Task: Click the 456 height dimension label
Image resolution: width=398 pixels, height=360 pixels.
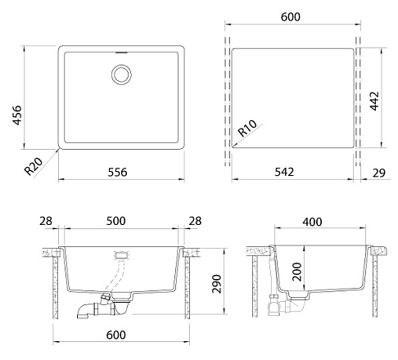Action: coord(17,115)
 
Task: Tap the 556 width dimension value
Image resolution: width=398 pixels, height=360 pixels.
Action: coord(117,172)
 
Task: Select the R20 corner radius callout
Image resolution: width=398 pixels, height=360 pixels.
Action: coord(34,166)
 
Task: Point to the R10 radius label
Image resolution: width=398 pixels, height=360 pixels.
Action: coord(247,128)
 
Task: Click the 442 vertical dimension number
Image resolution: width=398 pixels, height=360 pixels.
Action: coord(374,101)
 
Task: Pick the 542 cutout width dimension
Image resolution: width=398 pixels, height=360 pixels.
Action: coord(284,172)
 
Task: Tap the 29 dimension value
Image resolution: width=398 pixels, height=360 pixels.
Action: coord(379,173)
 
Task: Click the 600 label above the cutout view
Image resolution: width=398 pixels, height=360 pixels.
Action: coord(291,17)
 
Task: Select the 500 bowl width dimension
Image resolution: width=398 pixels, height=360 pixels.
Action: coord(116,221)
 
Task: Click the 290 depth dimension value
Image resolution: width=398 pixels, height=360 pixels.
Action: coord(217,284)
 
